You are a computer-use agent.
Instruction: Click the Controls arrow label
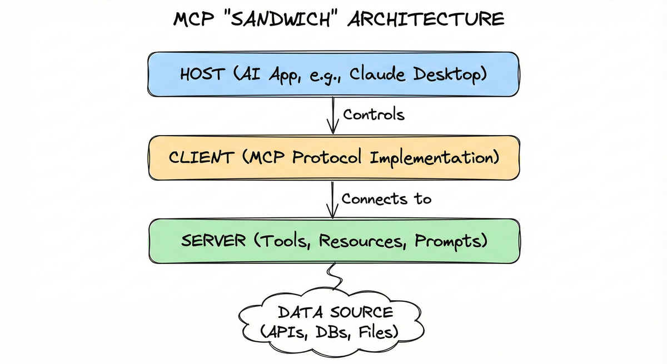tap(373, 115)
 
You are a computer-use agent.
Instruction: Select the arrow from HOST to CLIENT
tap(332, 116)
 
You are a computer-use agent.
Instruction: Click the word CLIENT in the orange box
tap(201, 157)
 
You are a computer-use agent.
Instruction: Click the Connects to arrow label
tap(386, 198)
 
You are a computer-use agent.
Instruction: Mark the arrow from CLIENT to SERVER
tap(332, 199)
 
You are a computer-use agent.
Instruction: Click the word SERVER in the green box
tap(213, 241)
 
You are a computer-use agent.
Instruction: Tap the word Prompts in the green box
tap(449, 241)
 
